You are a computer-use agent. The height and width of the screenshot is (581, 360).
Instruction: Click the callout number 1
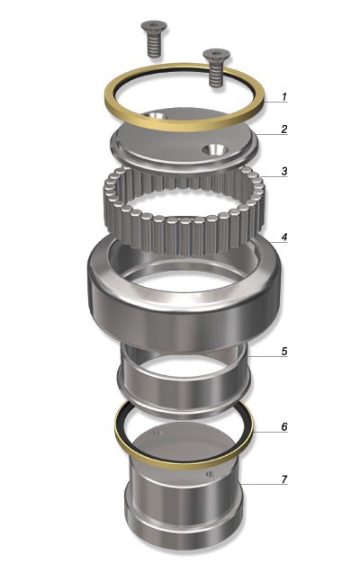(x=284, y=97)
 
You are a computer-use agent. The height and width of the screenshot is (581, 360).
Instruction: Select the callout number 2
(x=284, y=129)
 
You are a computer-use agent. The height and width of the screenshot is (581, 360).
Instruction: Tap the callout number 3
(x=284, y=171)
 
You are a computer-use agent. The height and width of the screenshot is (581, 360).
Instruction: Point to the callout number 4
(x=284, y=237)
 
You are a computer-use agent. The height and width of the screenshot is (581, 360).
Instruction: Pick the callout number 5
(x=284, y=351)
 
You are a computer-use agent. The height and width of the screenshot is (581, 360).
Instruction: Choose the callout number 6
(x=284, y=427)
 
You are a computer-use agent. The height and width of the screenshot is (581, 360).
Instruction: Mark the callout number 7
(x=284, y=479)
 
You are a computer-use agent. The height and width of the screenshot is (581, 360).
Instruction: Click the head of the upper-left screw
(x=154, y=26)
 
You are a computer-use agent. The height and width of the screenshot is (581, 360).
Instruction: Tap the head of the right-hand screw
(x=217, y=55)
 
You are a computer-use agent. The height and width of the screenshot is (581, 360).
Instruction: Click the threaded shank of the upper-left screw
(x=154, y=44)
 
